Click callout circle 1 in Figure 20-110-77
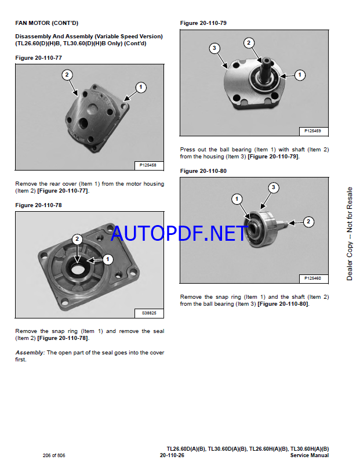pos(141,88)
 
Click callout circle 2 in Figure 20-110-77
pos(67,75)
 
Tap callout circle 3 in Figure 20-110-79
pos(214,48)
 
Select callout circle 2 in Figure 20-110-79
pos(249,43)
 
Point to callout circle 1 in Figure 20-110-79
pos(300,75)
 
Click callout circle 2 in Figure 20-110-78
pos(77,239)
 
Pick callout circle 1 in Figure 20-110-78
pos(108,259)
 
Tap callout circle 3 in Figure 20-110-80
pos(274,187)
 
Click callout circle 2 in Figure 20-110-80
pos(308,222)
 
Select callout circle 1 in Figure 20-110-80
pos(237,199)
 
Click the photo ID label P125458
pos(148,165)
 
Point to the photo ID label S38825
pos(149,313)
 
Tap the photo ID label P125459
pos(312,131)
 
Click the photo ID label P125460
pos(312,278)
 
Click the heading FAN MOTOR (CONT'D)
pos(47,23)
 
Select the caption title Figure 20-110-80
pos(203,171)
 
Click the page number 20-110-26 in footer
pos(172,455)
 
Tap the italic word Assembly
pos(30,353)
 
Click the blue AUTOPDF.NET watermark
pos(179,233)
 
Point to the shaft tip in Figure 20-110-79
pos(266,60)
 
